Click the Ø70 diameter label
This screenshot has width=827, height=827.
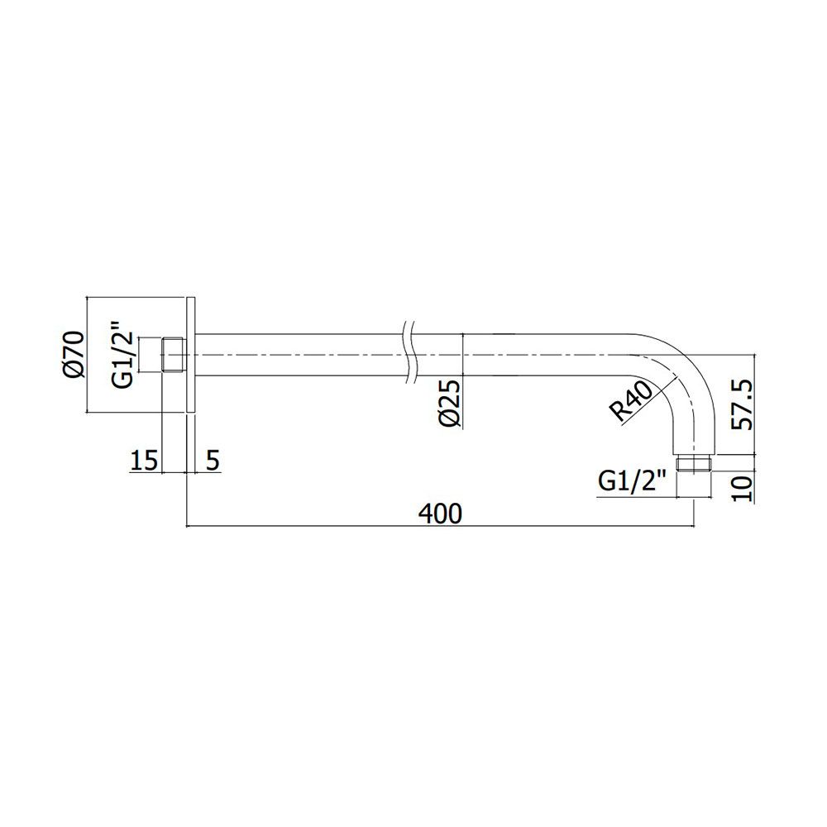[74, 355]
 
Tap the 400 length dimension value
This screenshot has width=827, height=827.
[440, 514]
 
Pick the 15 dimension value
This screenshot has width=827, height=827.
[144, 461]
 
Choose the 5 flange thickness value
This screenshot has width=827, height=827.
[212, 461]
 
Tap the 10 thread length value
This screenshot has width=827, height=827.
[741, 489]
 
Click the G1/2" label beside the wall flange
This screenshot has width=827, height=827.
[123, 354]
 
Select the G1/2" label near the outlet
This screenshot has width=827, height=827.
[633, 482]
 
